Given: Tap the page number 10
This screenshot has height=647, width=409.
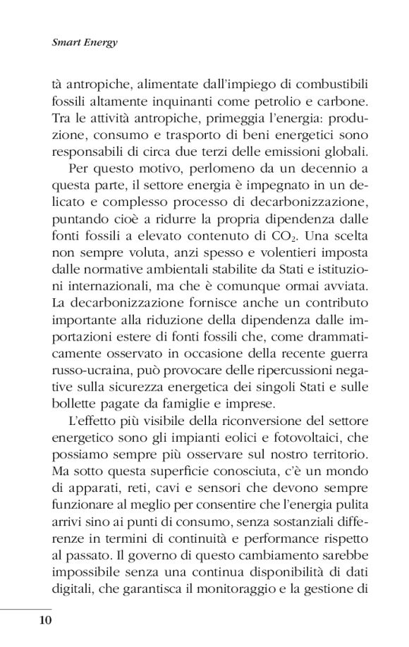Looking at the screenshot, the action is [43, 620].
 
